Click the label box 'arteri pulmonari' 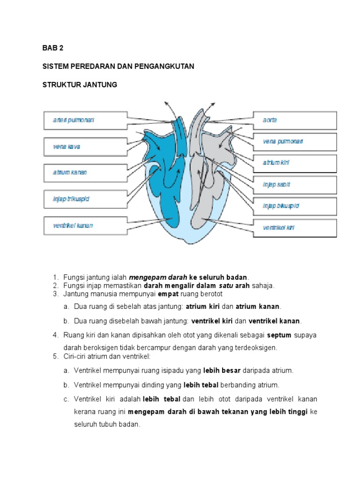85,120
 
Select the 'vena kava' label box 85,147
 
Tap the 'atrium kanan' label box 85,172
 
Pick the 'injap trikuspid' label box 85,199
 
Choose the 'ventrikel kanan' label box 85,225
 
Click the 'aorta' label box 295,120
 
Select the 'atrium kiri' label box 295,163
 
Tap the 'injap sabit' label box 295,184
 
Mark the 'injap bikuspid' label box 295,206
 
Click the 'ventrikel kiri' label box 295,228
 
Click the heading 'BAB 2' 52,48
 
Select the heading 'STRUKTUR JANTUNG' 80,85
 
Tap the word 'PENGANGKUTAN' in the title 165,67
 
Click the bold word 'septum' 279,336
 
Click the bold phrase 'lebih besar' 222,370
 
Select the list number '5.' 55,356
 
